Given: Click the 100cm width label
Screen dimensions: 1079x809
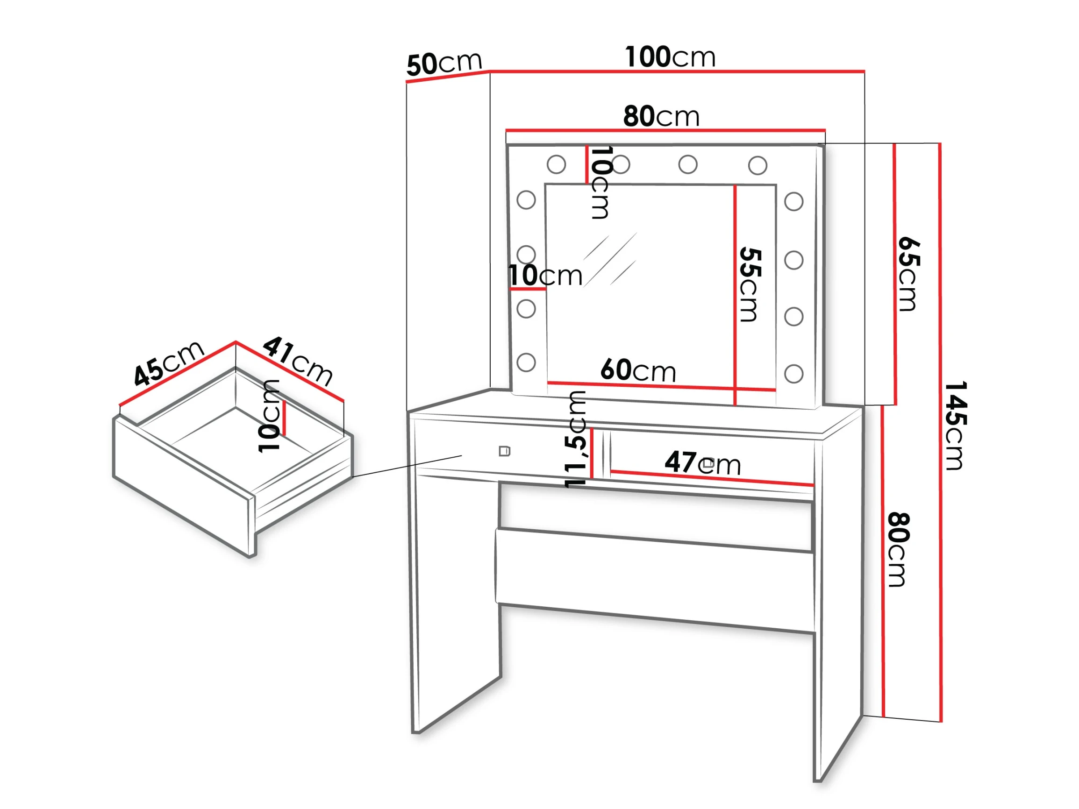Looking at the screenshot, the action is pyautogui.click(x=670, y=57).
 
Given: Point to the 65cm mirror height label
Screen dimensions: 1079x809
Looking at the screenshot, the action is pyautogui.click(x=908, y=274).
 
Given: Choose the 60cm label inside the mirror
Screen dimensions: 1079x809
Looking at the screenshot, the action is pyautogui.click(x=638, y=370).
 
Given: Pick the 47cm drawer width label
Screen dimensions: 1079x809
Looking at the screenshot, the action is pyautogui.click(x=703, y=462).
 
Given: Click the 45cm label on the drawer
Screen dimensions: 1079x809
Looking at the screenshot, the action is pyautogui.click(x=169, y=363).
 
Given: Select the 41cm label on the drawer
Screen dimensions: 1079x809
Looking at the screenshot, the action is pyautogui.click(x=298, y=361).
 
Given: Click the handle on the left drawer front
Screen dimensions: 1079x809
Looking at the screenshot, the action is pyautogui.click(x=504, y=451).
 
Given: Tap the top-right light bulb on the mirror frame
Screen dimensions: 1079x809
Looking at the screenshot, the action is pyautogui.click(x=757, y=165).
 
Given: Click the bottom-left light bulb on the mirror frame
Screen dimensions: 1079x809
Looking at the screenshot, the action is pyautogui.click(x=526, y=362).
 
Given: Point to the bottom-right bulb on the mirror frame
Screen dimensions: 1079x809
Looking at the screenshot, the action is pyautogui.click(x=793, y=374).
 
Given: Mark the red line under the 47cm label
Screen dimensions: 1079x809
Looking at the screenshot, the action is pyautogui.click(x=712, y=478).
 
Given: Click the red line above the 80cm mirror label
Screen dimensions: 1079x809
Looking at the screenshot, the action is pyautogui.click(x=665, y=130).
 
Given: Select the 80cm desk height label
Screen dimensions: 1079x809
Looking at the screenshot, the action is pyautogui.click(x=898, y=549).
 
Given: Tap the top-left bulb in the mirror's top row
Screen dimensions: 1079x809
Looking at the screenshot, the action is pyautogui.click(x=556, y=164).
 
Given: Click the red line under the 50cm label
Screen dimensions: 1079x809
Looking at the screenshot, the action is pyautogui.click(x=448, y=77).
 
